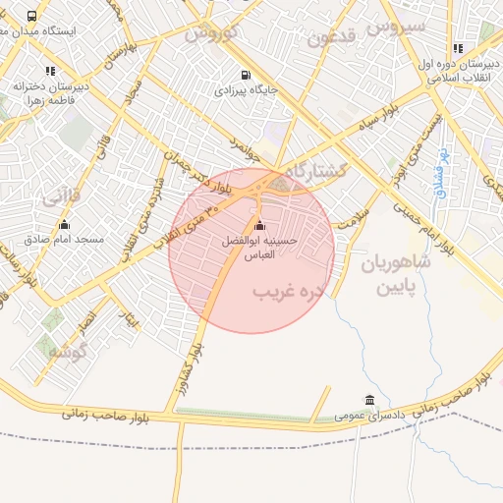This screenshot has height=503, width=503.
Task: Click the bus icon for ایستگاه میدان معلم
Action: click(32, 17)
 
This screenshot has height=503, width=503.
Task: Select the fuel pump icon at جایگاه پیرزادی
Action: click(245, 75)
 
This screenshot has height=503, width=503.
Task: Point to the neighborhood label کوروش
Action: click(211, 32)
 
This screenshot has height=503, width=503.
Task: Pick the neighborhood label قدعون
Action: click(329, 38)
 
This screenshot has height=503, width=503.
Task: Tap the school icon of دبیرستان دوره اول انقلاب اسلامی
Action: click(458, 48)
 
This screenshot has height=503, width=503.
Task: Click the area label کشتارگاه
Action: click(314, 171)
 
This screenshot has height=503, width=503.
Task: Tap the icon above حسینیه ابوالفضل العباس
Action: click(259, 226)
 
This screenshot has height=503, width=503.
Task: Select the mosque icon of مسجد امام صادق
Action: click(65, 225)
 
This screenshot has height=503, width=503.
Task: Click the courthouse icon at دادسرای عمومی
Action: click(368, 400)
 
